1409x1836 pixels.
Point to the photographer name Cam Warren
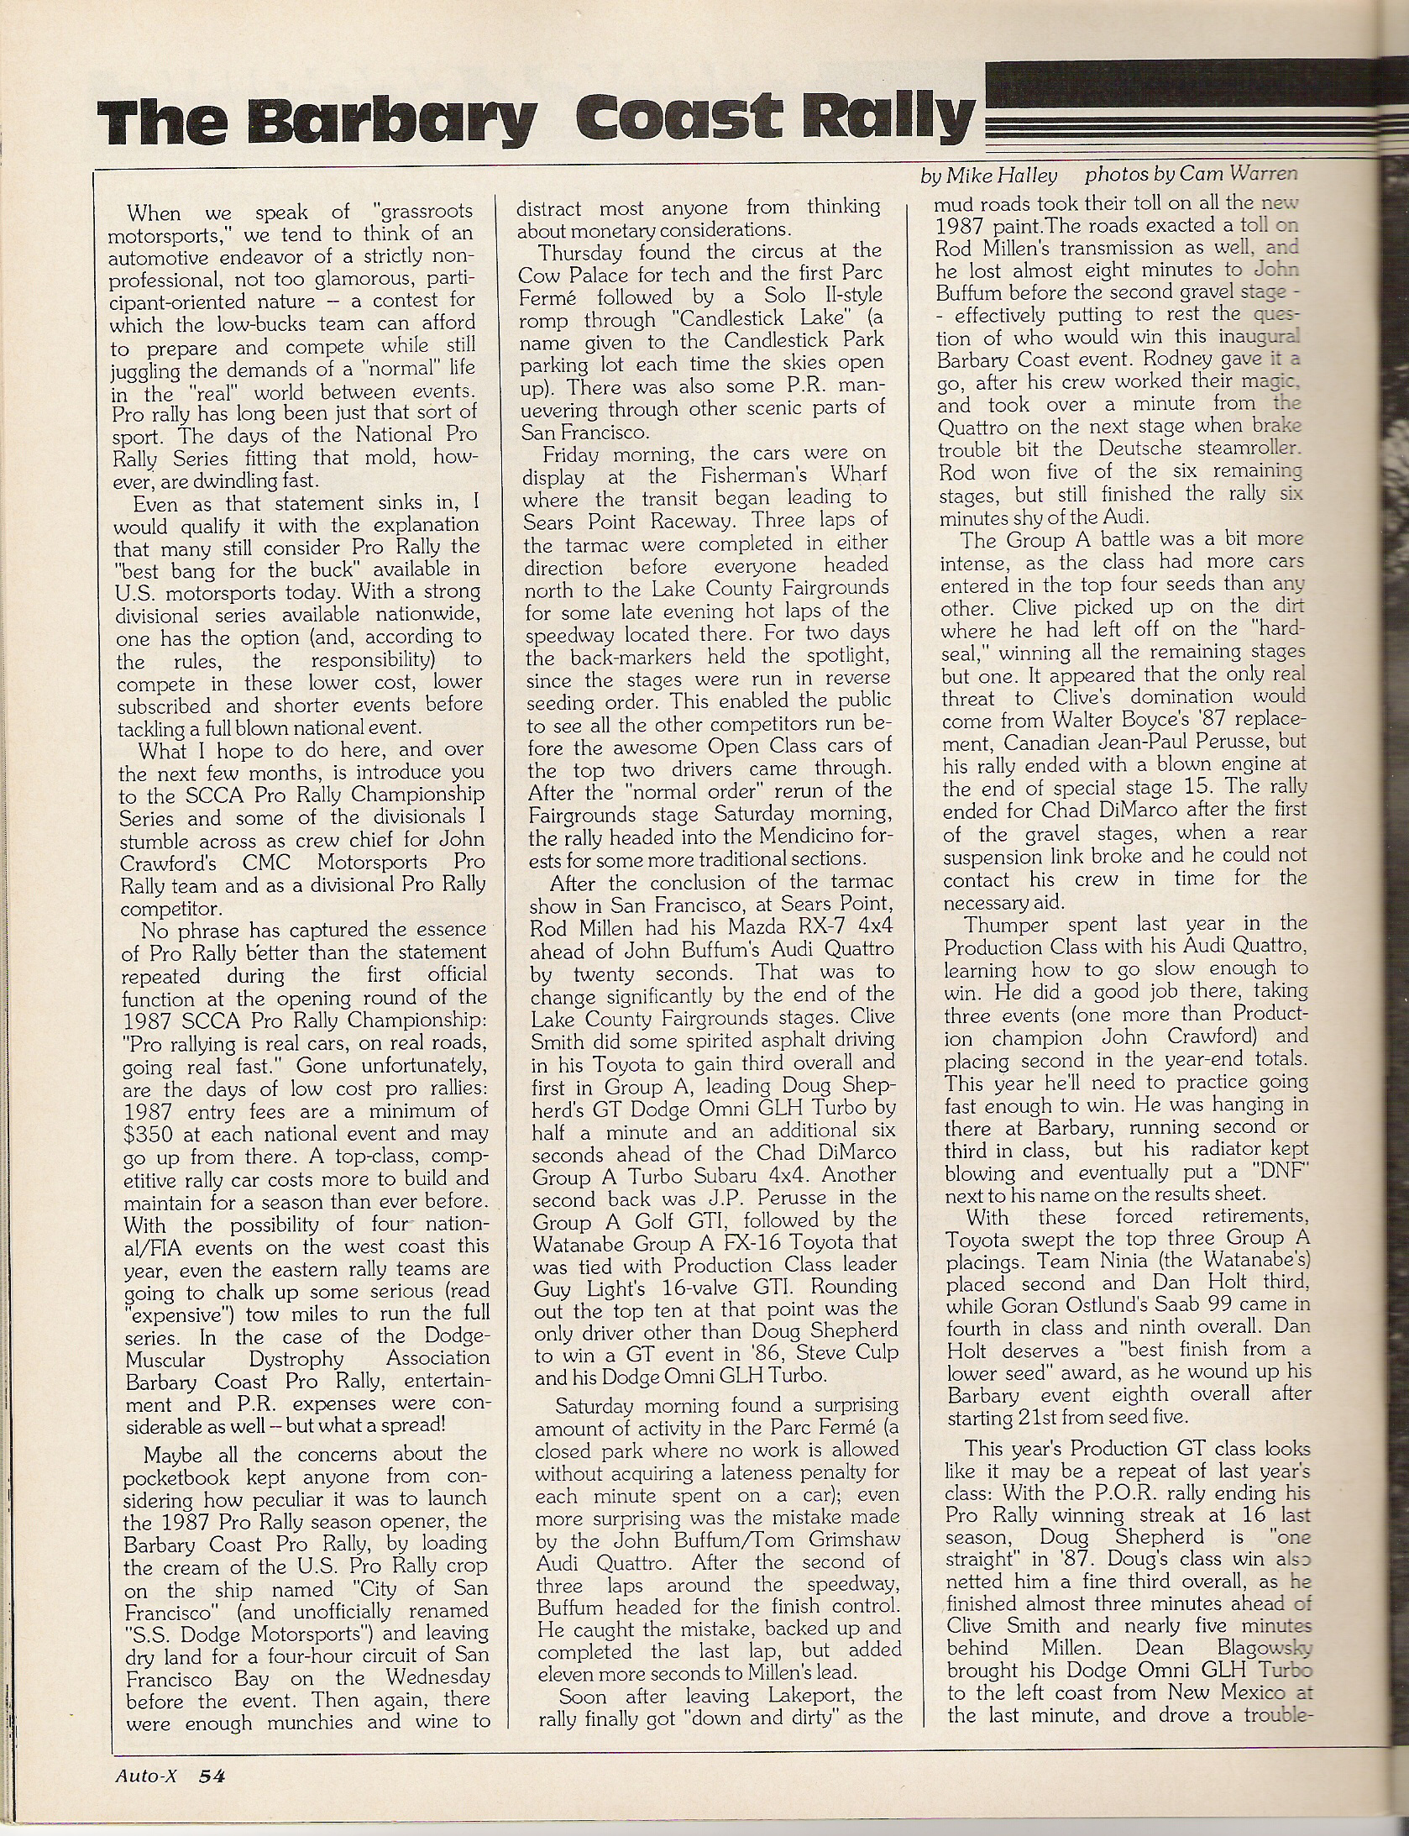pyautogui.click(x=1238, y=175)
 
